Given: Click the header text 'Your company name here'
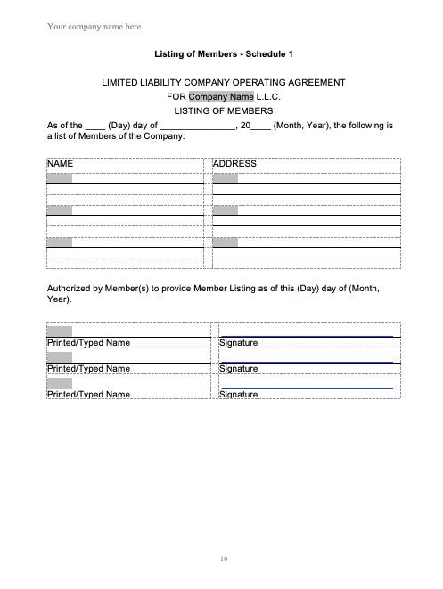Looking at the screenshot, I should coord(94,27).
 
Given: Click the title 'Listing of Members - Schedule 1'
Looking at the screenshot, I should coord(223,53).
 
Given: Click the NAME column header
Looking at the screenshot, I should coord(60,164).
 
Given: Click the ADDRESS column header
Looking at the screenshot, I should coord(235,164).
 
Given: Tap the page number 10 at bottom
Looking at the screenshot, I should coord(223,559).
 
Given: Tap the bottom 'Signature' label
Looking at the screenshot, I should coord(238,394).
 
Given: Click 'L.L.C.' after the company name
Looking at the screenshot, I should coord(269,96).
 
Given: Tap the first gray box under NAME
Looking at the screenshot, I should coord(60,178).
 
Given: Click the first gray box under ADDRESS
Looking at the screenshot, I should coord(226,178).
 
